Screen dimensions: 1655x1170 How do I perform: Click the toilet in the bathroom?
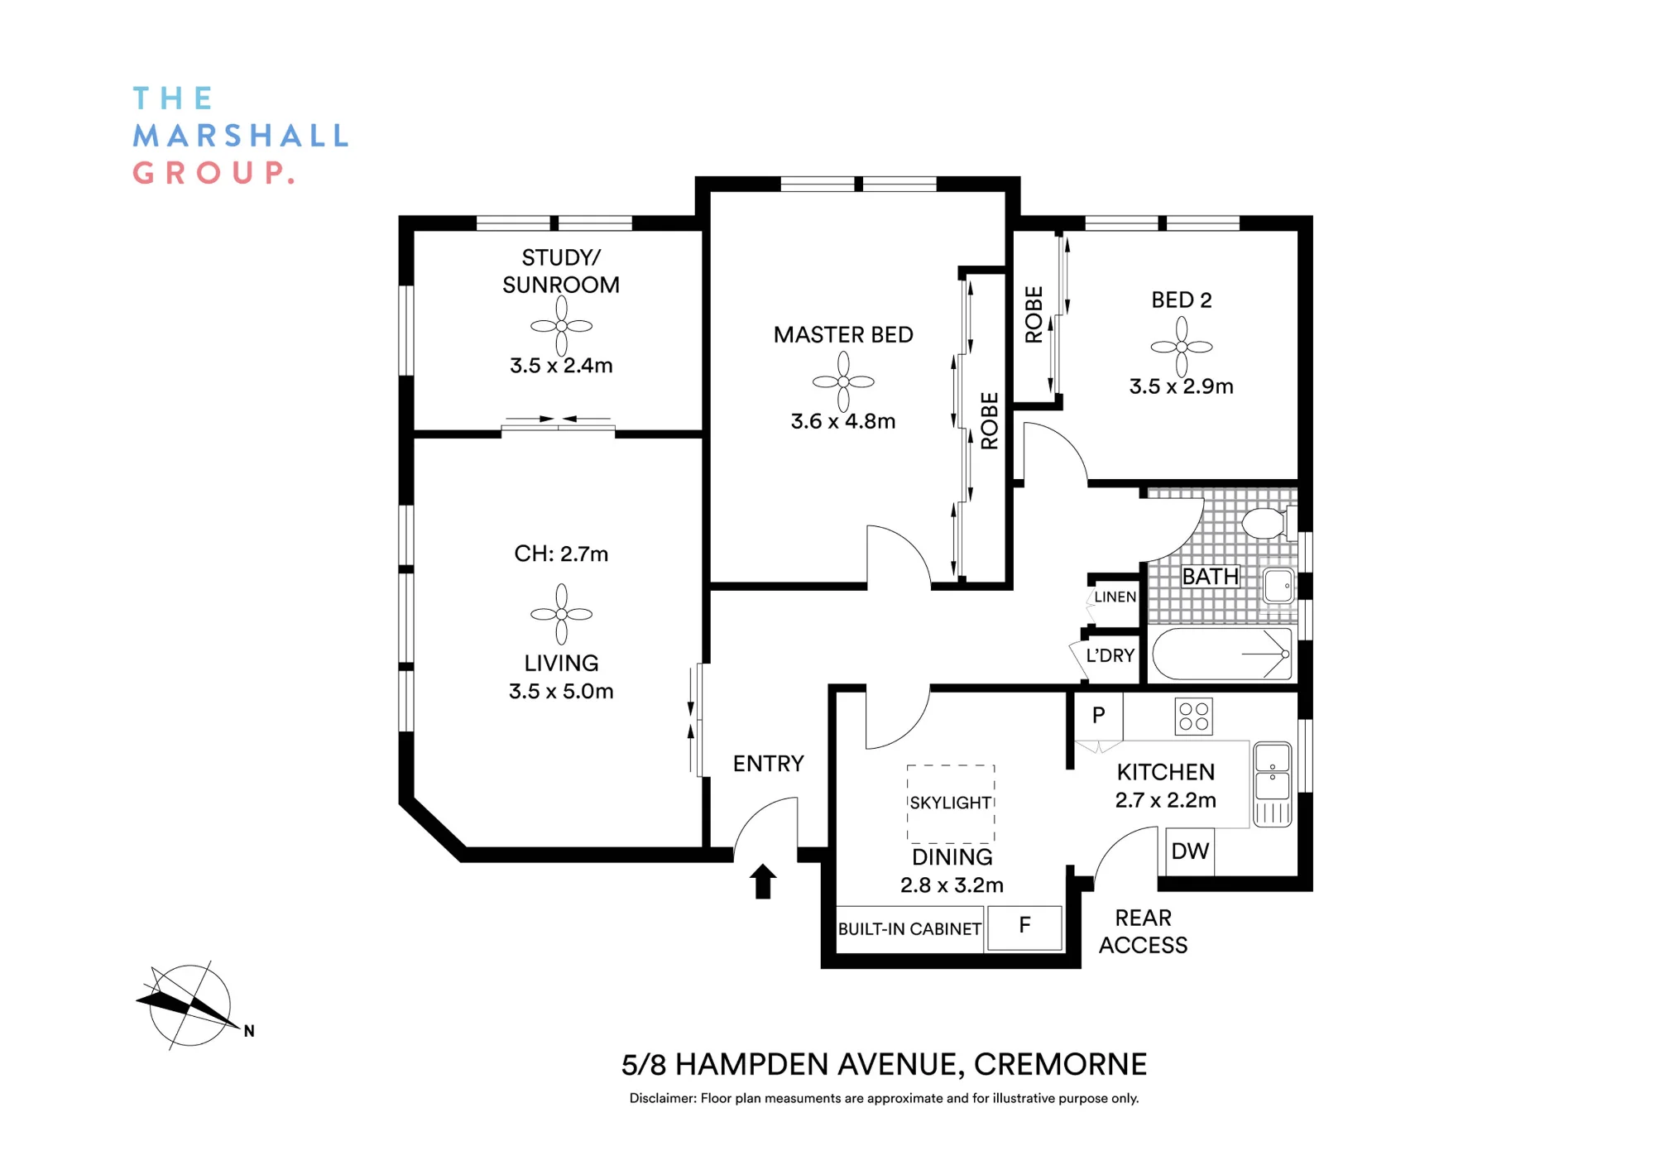point(1267,523)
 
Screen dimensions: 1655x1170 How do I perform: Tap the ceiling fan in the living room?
point(561,614)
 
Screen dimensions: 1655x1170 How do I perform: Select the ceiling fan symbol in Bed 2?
point(1182,347)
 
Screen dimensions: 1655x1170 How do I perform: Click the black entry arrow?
point(763,881)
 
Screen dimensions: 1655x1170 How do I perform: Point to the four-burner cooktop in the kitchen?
point(1193,717)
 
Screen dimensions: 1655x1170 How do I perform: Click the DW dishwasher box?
point(1190,851)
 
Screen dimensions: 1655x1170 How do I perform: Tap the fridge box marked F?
point(1024,927)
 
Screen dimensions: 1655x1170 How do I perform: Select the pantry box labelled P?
point(1098,716)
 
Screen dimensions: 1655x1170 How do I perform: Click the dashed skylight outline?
point(951,803)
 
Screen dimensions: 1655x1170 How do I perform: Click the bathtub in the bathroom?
point(1222,655)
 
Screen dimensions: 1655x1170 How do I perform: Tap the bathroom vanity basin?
point(1278,586)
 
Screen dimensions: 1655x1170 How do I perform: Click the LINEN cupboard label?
point(1115,597)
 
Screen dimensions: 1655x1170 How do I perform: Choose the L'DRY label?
point(1110,655)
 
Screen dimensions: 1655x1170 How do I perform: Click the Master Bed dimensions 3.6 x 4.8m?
point(843,421)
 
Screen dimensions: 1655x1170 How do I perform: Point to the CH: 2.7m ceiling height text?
point(561,554)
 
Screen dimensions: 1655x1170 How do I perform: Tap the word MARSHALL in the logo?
point(241,136)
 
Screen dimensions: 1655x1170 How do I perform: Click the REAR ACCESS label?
point(1143,932)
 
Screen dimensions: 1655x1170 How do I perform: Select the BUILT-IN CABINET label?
point(909,929)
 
